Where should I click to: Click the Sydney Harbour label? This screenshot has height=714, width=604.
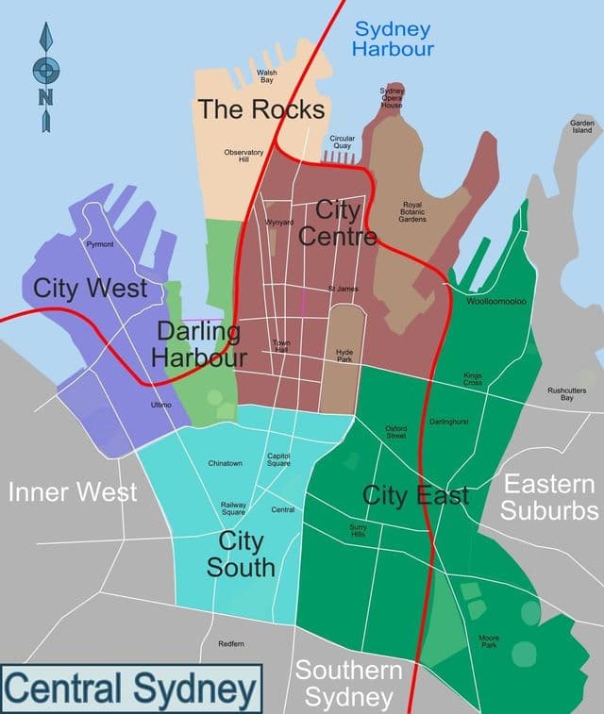392,39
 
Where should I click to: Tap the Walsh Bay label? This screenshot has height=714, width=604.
266,76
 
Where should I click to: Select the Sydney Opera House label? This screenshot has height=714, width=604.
392,98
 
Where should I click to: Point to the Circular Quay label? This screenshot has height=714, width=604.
343,142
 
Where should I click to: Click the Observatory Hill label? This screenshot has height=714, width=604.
243,156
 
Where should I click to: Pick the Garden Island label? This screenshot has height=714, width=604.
580,127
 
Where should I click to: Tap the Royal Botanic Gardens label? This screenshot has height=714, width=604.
413,212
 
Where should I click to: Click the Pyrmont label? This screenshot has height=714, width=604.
100,244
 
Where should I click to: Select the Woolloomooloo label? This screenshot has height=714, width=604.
496,302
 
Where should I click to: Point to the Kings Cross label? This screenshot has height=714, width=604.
472,379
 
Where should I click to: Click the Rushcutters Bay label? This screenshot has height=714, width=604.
567,394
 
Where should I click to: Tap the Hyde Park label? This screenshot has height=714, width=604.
344,356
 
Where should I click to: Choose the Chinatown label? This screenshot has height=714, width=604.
226,463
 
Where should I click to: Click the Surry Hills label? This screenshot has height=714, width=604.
358,531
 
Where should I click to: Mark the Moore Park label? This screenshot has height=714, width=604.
488,642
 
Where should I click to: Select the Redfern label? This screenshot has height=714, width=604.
230,643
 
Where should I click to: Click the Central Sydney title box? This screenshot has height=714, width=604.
130,689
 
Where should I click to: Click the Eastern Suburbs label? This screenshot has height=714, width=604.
549,498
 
